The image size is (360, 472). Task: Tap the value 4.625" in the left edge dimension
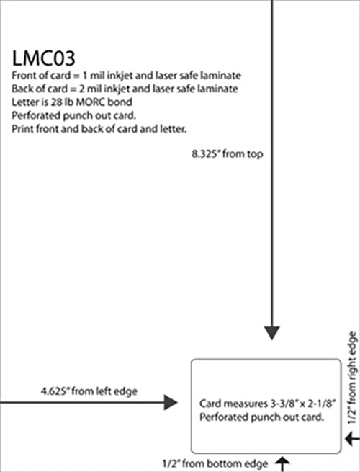click(54, 391)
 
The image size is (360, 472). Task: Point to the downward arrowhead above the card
click(271, 333)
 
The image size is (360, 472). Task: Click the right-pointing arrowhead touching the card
click(171, 400)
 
